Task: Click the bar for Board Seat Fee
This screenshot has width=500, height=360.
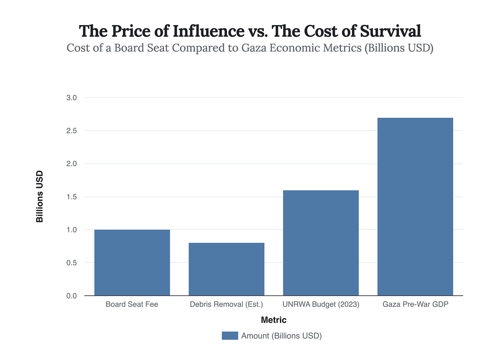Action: (x=132, y=262)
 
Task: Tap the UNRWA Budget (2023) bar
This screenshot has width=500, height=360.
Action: (x=321, y=243)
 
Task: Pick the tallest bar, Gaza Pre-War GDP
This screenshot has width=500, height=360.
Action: (x=415, y=206)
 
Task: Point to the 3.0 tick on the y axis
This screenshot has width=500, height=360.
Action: (x=71, y=98)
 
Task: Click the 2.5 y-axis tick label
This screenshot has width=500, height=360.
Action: (x=71, y=131)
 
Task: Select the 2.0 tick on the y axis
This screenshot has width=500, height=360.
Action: (x=71, y=164)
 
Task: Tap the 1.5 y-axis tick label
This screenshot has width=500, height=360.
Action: (x=71, y=197)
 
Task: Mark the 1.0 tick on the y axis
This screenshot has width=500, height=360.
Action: (x=71, y=230)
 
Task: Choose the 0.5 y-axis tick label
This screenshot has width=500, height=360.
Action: (x=71, y=263)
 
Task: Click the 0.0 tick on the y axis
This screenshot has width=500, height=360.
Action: (x=71, y=296)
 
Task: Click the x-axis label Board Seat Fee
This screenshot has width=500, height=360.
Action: (x=132, y=304)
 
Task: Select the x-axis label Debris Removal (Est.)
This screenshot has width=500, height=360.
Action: (x=226, y=304)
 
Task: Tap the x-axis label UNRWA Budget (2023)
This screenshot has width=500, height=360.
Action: (x=321, y=304)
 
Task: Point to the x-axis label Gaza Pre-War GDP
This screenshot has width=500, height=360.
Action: (x=415, y=304)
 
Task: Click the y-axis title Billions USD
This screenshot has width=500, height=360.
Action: (x=40, y=196)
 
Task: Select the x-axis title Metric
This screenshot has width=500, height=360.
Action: (x=273, y=320)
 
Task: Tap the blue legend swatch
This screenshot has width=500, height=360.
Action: (x=230, y=336)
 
